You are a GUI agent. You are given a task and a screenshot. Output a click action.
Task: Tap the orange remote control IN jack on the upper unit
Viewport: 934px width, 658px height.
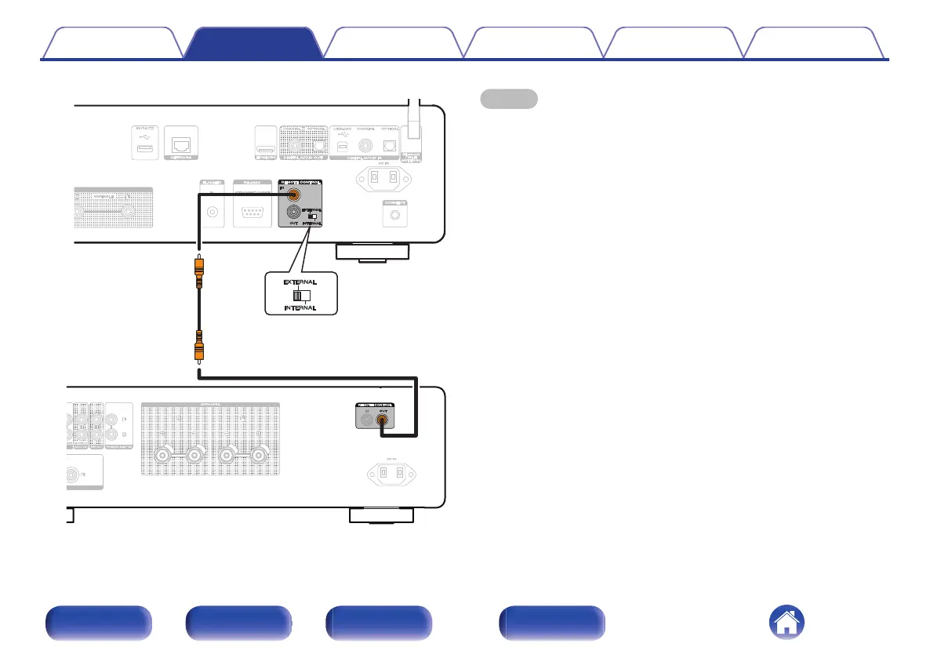pyautogui.click(x=293, y=195)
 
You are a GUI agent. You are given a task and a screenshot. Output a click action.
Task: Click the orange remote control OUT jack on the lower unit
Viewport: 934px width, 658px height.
pyautogui.click(x=382, y=419)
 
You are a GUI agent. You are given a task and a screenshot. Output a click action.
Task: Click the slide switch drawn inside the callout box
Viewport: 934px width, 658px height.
pyautogui.click(x=300, y=296)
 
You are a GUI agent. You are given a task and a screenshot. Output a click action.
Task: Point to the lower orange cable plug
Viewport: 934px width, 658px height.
pyautogui.click(x=199, y=345)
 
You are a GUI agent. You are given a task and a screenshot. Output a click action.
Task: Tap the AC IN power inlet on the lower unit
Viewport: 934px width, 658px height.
pyautogui.click(x=390, y=474)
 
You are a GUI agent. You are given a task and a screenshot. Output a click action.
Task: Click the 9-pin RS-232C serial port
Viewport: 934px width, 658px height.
pyautogui.click(x=251, y=212)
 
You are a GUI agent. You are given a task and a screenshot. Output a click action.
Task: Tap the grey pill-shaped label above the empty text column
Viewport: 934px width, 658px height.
pyautogui.click(x=508, y=98)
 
